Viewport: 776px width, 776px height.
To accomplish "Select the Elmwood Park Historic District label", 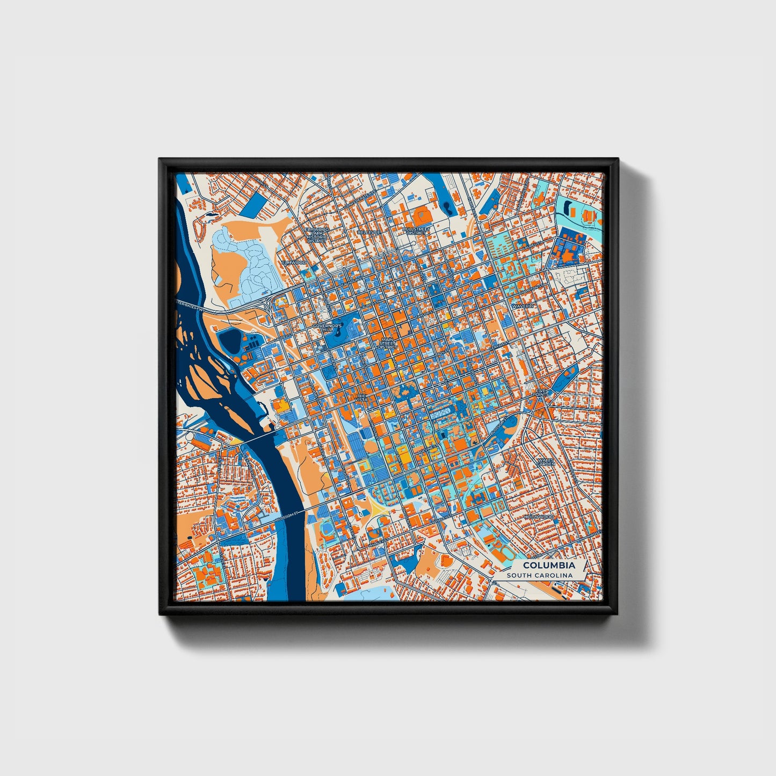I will point(316,235).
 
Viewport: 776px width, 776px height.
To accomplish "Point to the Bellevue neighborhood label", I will point(368,232).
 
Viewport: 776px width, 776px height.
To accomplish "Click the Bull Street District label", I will point(416,231).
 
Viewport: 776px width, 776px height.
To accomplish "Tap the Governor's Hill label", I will point(327,328).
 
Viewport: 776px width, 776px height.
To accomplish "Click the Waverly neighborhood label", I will point(523,306).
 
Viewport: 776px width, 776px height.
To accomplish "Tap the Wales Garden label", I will point(547,462).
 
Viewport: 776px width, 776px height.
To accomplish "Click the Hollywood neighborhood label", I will point(539,517).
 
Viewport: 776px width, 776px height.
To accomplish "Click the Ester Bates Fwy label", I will point(191,306).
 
